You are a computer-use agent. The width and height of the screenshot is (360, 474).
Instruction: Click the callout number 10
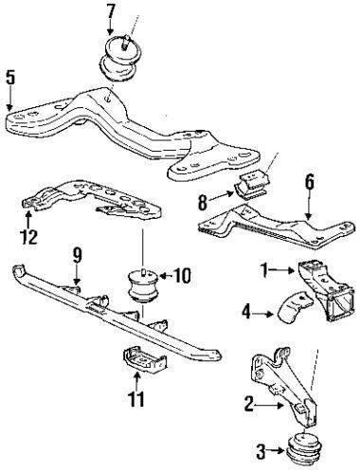click(x=181, y=277)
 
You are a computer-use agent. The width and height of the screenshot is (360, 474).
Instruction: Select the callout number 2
click(x=248, y=404)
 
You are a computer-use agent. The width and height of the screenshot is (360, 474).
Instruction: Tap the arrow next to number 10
click(x=163, y=277)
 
